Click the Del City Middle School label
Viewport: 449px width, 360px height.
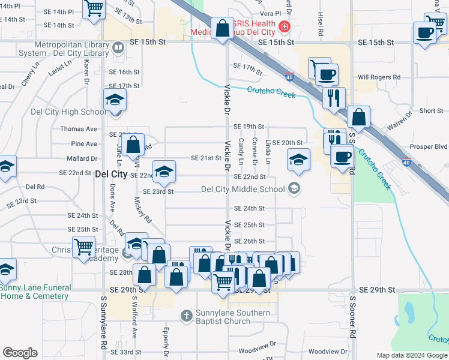click(243, 190)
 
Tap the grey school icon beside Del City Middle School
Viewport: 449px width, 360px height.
click(294, 190)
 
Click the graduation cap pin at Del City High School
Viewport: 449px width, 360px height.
click(115, 101)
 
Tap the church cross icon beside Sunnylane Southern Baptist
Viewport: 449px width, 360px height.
click(187, 315)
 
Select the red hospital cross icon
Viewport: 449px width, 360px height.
click(283, 27)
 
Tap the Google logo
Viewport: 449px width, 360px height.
click(20, 353)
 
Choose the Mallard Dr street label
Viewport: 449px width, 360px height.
click(83, 159)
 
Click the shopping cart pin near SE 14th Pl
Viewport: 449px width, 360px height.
click(94, 10)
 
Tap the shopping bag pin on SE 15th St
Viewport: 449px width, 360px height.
click(223, 29)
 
